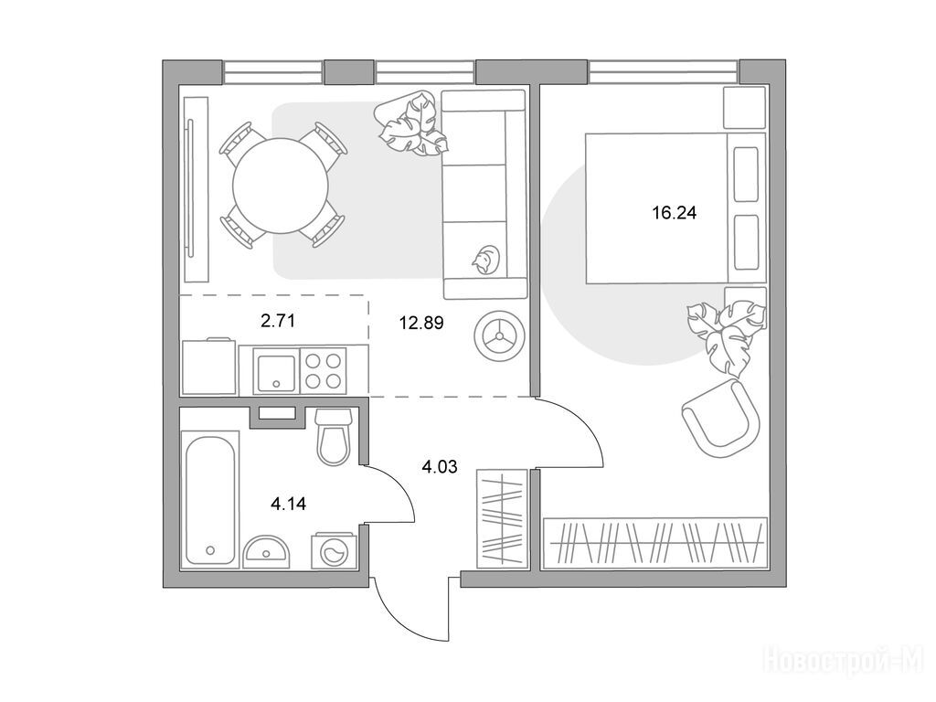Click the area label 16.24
(x=675, y=212)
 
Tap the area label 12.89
(x=421, y=323)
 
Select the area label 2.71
(x=278, y=321)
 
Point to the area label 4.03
(x=440, y=466)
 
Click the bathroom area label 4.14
(x=288, y=504)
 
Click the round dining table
(x=281, y=185)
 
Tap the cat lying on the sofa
(x=484, y=260)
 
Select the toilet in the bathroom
(x=333, y=436)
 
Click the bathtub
(x=209, y=500)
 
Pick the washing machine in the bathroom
(x=333, y=551)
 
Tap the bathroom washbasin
(x=266, y=551)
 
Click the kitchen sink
(x=276, y=371)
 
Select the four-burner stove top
(x=323, y=371)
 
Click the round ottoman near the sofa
(x=499, y=336)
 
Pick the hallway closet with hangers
(x=502, y=518)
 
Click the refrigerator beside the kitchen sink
(x=209, y=367)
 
